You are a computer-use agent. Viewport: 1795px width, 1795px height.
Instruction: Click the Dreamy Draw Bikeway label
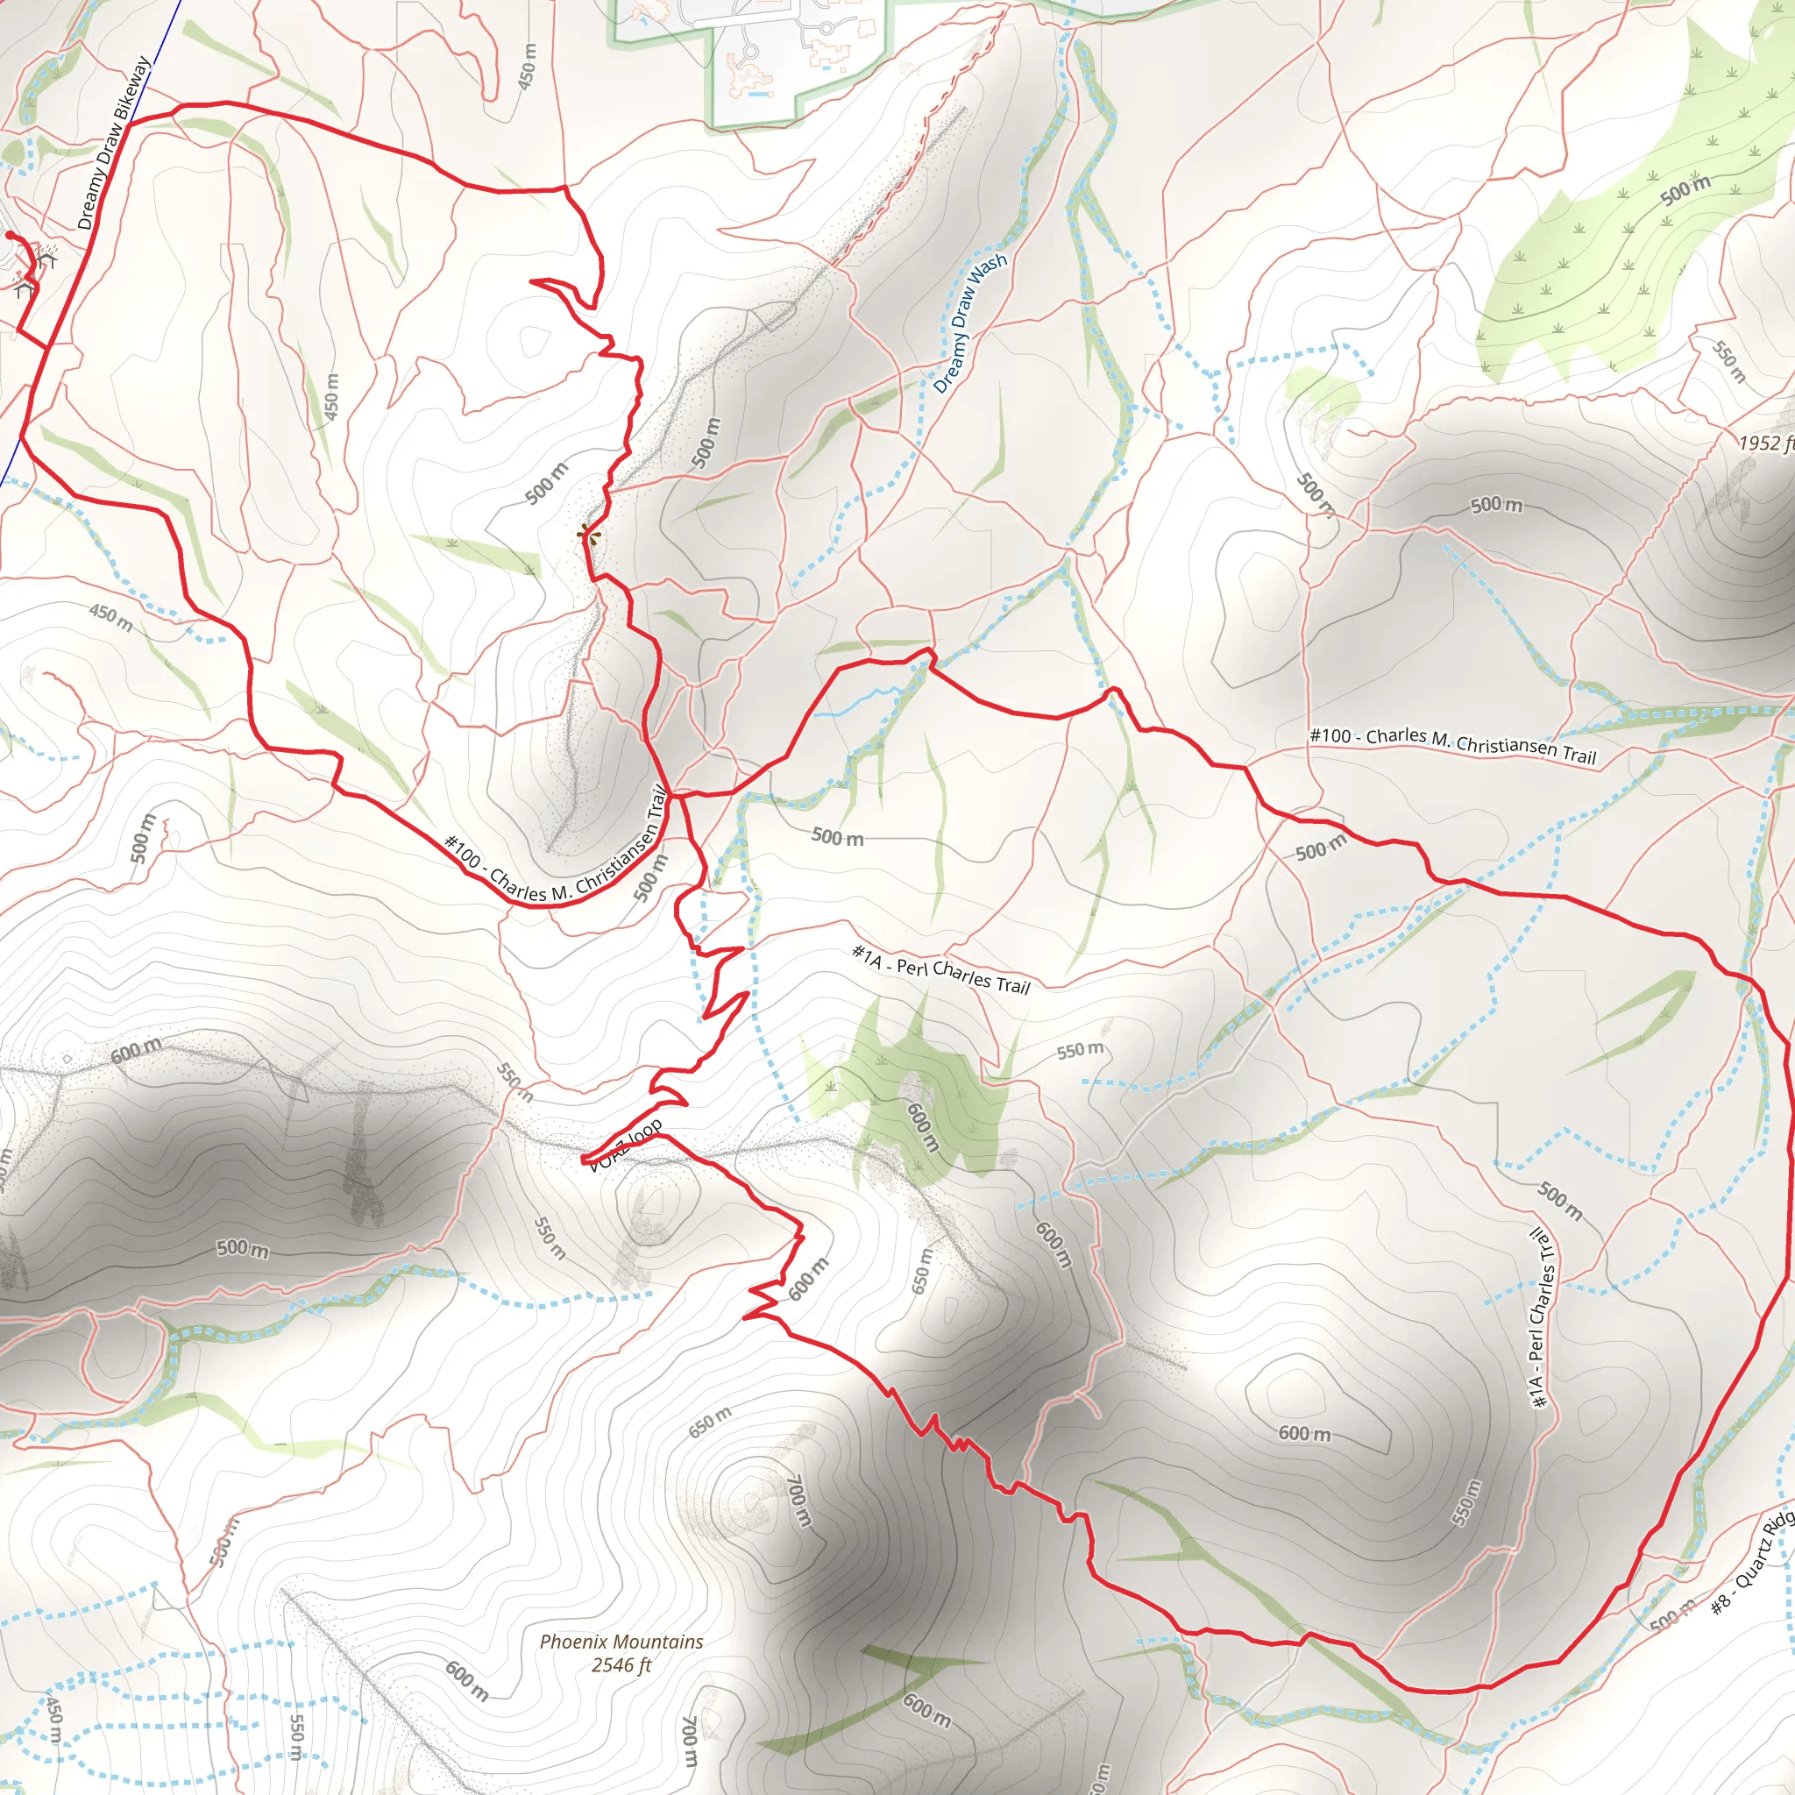113,144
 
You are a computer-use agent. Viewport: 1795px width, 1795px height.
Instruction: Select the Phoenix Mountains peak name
621,1642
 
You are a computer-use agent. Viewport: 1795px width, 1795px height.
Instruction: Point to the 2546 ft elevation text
621,1665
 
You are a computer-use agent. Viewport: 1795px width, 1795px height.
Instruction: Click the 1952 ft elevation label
1766,443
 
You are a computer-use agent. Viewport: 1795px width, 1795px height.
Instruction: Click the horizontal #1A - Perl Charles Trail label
940,969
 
